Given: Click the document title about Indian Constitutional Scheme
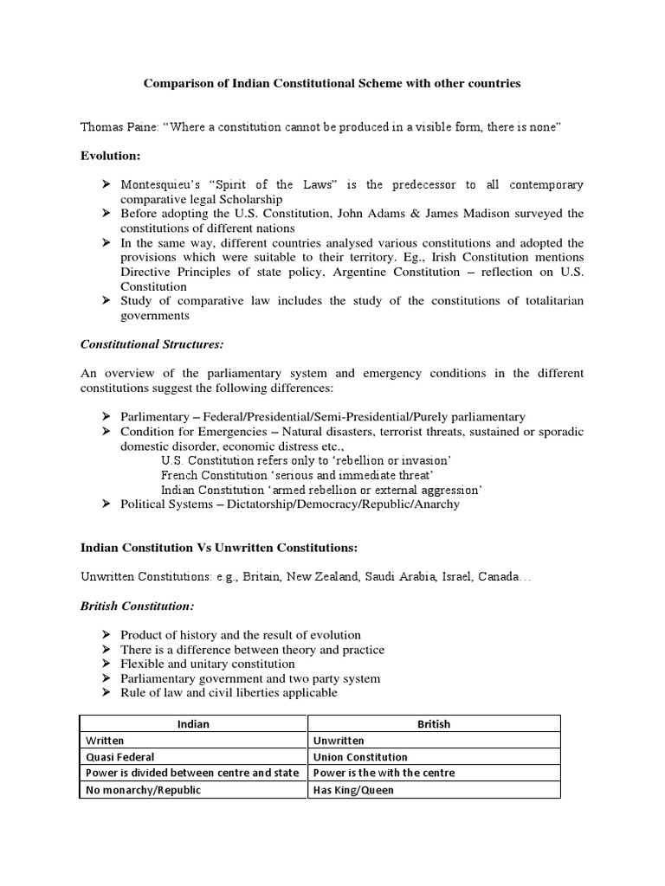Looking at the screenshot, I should (x=332, y=84).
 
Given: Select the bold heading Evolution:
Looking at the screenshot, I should (x=110, y=156).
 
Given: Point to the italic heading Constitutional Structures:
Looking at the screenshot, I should (x=152, y=343).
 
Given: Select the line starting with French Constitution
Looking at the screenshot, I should (x=299, y=475).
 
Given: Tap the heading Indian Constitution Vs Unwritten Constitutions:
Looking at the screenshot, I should (x=218, y=548).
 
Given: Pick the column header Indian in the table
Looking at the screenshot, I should (x=193, y=724).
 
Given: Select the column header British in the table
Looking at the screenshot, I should (x=434, y=724).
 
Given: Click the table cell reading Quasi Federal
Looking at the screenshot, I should (x=119, y=757).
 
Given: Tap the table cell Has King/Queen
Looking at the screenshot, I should (x=353, y=790).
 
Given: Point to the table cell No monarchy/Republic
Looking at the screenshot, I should (x=141, y=790).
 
